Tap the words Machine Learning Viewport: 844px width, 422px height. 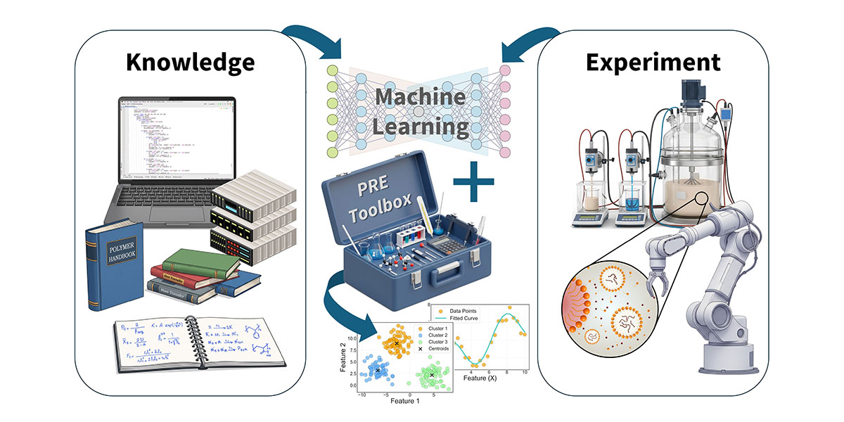[x=420, y=113]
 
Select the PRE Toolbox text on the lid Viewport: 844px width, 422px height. [x=372, y=201]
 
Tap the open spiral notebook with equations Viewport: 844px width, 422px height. [x=201, y=345]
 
